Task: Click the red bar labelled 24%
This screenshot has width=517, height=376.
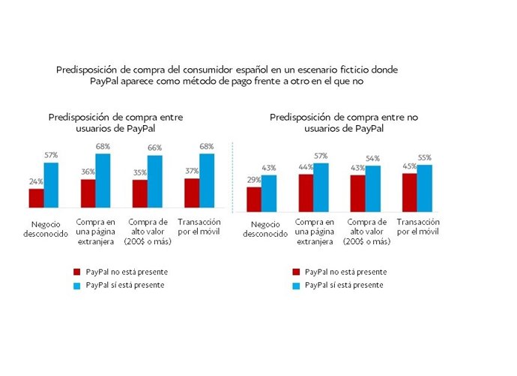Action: (36, 199)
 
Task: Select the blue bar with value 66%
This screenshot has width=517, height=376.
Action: (154, 182)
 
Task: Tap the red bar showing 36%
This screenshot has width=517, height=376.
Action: (88, 194)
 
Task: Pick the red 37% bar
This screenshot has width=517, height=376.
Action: (192, 193)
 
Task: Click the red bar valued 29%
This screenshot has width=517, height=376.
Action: (254, 200)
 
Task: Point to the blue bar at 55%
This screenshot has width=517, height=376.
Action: (424, 188)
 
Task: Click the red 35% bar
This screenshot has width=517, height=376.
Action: (139, 195)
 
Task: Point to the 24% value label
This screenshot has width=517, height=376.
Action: (36, 182)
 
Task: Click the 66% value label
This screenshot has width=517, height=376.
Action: (154, 148)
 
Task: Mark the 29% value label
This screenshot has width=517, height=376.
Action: (254, 180)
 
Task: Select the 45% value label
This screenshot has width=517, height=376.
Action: (409, 166)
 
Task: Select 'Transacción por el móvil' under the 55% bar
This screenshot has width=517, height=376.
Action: (417, 227)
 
